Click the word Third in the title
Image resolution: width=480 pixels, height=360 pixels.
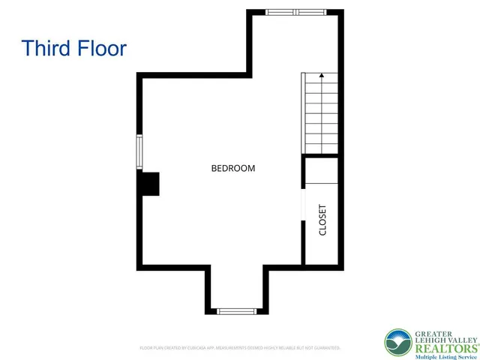46,49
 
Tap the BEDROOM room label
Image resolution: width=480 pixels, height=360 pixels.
232,169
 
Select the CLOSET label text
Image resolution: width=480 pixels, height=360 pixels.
323,220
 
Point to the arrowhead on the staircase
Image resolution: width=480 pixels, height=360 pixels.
322,75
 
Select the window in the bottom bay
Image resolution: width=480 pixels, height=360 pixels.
237,310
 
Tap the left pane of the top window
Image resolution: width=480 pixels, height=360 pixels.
281,12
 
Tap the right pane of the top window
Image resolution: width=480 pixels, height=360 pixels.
311,12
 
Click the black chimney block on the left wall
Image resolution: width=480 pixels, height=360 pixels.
150,184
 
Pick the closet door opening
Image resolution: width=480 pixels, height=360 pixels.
302,204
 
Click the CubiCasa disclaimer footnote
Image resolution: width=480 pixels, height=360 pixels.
240,348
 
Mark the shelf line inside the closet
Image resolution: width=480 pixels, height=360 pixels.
322,183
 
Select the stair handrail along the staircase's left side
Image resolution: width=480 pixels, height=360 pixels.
304,112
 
